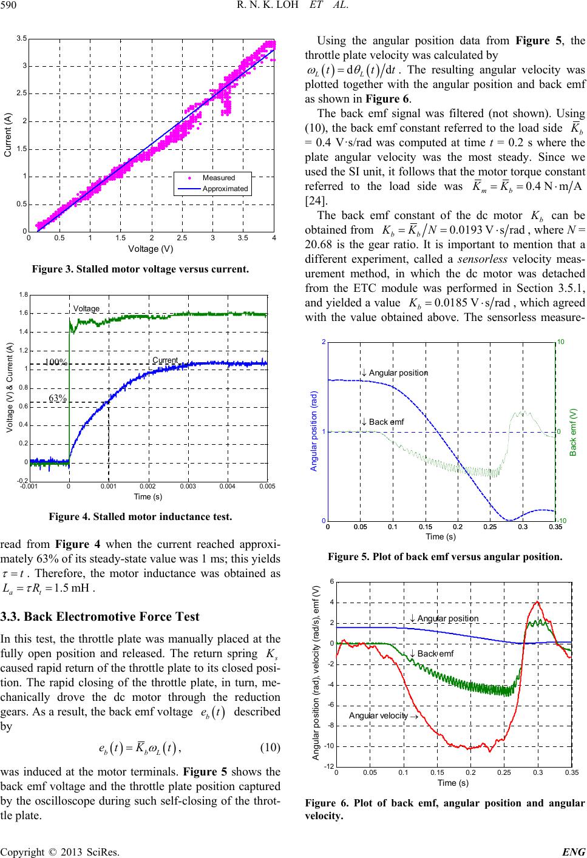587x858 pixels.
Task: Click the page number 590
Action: tap(12, 6)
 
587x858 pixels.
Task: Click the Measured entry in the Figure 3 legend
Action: tap(219, 178)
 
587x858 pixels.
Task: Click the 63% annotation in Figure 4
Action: tap(58, 397)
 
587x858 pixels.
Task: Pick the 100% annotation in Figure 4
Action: tap(56, 362)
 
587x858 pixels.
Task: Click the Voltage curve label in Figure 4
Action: tap(86, 308)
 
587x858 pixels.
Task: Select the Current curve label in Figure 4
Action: tap(165, 360)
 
